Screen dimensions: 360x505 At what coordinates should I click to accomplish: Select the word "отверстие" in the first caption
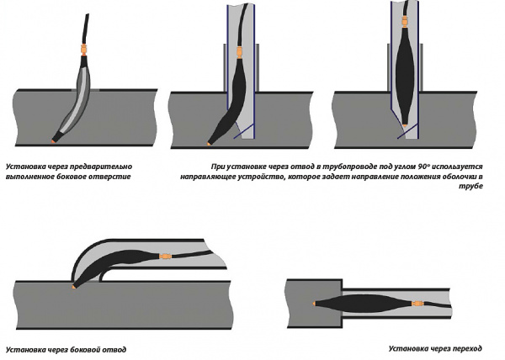point(114,178)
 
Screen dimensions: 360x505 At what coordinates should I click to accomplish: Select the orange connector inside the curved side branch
point(165,253)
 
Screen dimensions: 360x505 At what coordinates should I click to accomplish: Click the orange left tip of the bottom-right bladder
point(316,302)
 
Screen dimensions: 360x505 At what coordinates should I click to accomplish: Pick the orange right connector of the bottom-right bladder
point(398,300)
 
